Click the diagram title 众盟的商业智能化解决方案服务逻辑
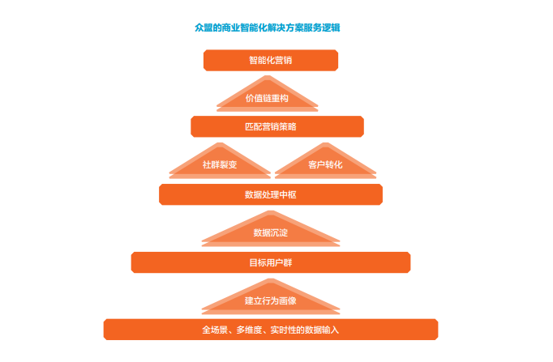tap(268, 28)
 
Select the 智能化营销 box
tap(271, 60)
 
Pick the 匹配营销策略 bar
tap(277, 126)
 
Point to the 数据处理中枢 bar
tap(271, 194)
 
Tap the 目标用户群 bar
tap(271, 262)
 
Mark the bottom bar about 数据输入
tap(271, 330)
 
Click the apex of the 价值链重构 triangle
tap(268, 75)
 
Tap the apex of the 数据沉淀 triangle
tap(271, 211)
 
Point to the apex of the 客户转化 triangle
tap(325, 143)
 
